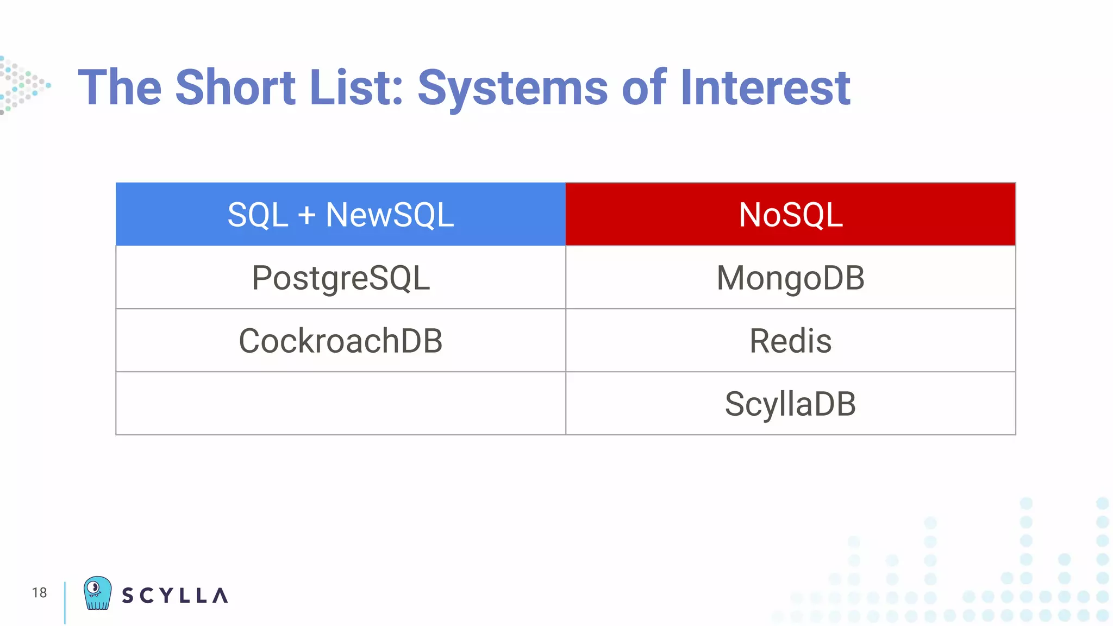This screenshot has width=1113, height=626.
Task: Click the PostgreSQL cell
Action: pos(341,278)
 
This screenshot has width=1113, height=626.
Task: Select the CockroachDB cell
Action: pos(341,341)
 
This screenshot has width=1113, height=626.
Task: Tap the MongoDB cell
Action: pos(790,278)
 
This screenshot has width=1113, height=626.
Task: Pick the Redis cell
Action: pos(790,341)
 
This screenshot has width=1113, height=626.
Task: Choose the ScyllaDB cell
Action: pos(790,404)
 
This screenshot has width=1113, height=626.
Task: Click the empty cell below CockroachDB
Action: pos(341,404)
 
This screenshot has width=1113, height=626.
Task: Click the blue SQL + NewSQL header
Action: pos(341,214)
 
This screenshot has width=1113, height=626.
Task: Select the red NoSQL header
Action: pos(790,214)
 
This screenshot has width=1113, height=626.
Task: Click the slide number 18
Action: pos(39,592)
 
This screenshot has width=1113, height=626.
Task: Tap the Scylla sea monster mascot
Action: pos(98,593)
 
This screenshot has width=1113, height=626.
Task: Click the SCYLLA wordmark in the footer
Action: pos(174,596)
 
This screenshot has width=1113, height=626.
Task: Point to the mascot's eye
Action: pos(93,587)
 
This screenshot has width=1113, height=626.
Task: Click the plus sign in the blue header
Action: pos(307,215)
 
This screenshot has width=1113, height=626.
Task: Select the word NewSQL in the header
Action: pos(390,214)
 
